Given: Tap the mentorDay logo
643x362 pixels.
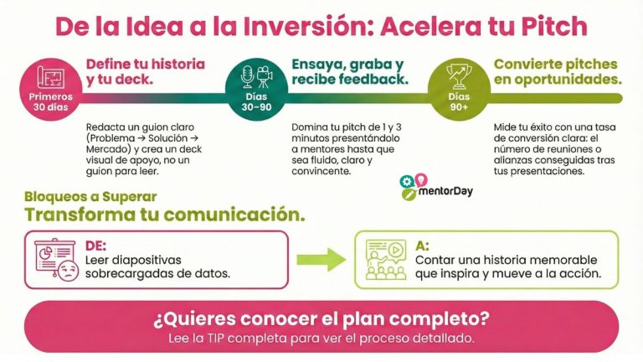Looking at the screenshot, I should pyautogui.click(x=436, y=188).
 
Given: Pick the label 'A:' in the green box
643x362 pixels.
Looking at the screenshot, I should pyautogui.click(x=422, y=246).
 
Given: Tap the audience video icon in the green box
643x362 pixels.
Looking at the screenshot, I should pyautogui.click(x=384, y=259).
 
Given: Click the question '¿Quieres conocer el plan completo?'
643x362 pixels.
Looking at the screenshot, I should pyautogui.click(x=321, y=319).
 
